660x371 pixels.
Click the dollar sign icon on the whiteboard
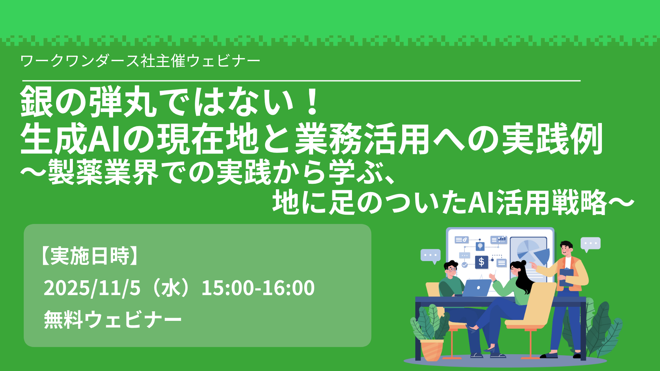[481, 262]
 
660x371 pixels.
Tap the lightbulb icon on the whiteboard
[480, 246]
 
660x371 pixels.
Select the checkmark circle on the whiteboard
[465, 265]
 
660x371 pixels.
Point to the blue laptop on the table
[477, 288]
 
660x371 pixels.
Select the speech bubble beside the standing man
[591, 244]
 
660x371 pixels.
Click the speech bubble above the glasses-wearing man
[431, 256]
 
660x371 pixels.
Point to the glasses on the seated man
[452, 269]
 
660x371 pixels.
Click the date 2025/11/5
[92, 288]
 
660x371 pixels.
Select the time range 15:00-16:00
[258, 288]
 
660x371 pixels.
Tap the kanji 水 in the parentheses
[171, 288]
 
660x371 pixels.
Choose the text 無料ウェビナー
[113, 319]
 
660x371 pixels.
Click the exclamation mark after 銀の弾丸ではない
[312, 102]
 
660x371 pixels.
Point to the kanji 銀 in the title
[37, 102]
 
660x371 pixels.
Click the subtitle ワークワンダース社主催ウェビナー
[140, 61]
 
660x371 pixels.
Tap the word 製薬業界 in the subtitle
[103, 172]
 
